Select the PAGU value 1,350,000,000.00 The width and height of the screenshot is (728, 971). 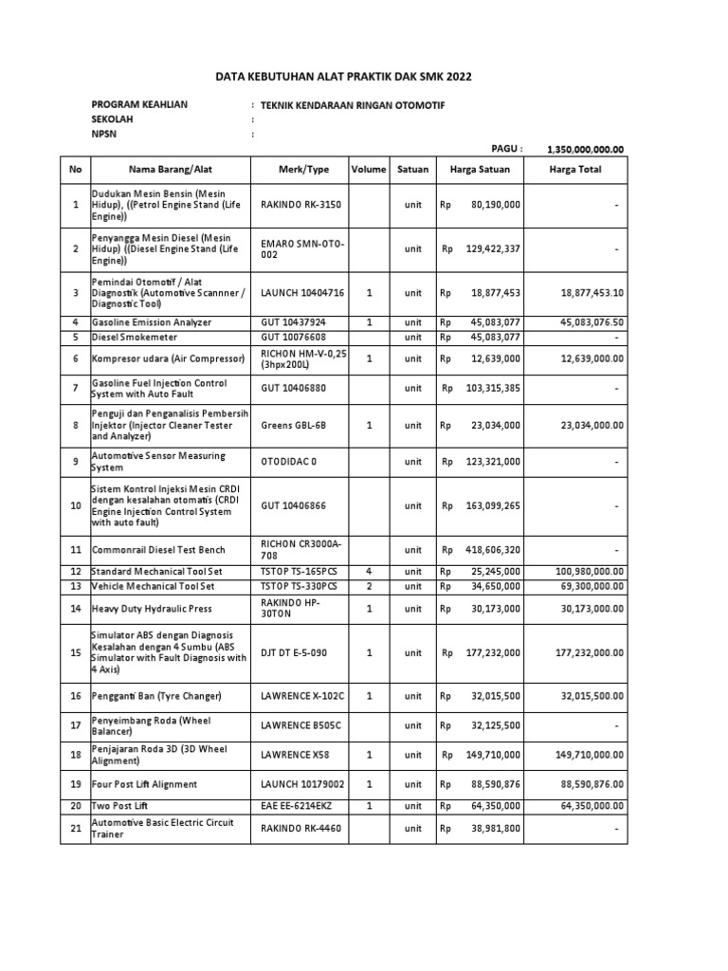tap(585, 149)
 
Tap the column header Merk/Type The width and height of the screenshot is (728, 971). tap(303, 170)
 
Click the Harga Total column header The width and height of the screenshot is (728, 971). tap(575, 170)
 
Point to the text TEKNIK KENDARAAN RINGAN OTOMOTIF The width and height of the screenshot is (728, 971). tap(352, 105)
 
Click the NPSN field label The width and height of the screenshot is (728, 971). tap(103, 135)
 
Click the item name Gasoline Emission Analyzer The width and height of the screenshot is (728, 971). tap(152, 322)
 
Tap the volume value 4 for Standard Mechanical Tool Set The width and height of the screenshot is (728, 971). tap(369, 572)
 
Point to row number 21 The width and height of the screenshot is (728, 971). tap(76, 828)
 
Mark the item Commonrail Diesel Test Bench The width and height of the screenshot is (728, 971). tap(158, 549)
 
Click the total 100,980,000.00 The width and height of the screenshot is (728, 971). tap(582, 572)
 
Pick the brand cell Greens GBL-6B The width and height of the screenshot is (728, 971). tap(295, 426)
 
